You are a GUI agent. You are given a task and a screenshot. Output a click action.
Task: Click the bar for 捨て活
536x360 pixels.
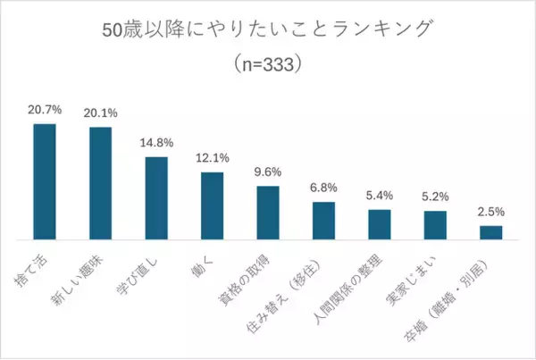(45, 182)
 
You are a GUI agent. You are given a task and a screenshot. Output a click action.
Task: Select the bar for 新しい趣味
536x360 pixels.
(100, 184)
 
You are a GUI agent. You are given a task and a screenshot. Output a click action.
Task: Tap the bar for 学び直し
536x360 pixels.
(156, 198)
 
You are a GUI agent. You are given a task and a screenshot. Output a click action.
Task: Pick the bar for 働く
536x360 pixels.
(212, 205)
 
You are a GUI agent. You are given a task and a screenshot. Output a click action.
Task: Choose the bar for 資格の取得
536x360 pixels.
(268, 213)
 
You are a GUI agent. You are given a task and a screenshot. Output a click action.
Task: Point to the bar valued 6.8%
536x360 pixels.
(323, 221)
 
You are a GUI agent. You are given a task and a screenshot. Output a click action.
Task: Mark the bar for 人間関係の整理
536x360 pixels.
(380, 224)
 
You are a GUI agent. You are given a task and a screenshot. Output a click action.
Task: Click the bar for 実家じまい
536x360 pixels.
(435, 225)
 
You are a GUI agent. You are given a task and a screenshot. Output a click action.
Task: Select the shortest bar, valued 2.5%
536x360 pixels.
(491, 232)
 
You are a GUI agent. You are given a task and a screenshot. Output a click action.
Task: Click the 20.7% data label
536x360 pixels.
(45, 111)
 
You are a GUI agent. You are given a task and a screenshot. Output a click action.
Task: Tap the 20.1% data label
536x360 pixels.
(100, 113)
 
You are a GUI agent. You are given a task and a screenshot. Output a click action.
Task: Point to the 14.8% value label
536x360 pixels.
(156, 143)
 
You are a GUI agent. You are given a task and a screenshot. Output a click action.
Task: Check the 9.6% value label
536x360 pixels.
(268, 172)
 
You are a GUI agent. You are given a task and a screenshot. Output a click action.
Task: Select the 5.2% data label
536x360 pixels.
(435, 197)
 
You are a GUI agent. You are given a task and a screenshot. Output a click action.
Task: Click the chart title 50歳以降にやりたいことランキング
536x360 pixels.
(268, 29)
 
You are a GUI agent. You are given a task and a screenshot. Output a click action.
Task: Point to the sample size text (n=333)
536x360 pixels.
(268, 64)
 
